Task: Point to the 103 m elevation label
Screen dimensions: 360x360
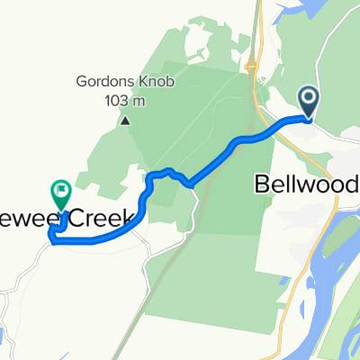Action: pyautogui.click(x=126, y=100)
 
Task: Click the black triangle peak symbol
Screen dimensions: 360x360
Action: pyautogui.click(x=126, y=120)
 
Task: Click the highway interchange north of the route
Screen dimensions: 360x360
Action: pyautogui.click(x=255, y=67)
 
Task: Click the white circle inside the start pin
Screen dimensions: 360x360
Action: pyautogui.click(x=307, y=97)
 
